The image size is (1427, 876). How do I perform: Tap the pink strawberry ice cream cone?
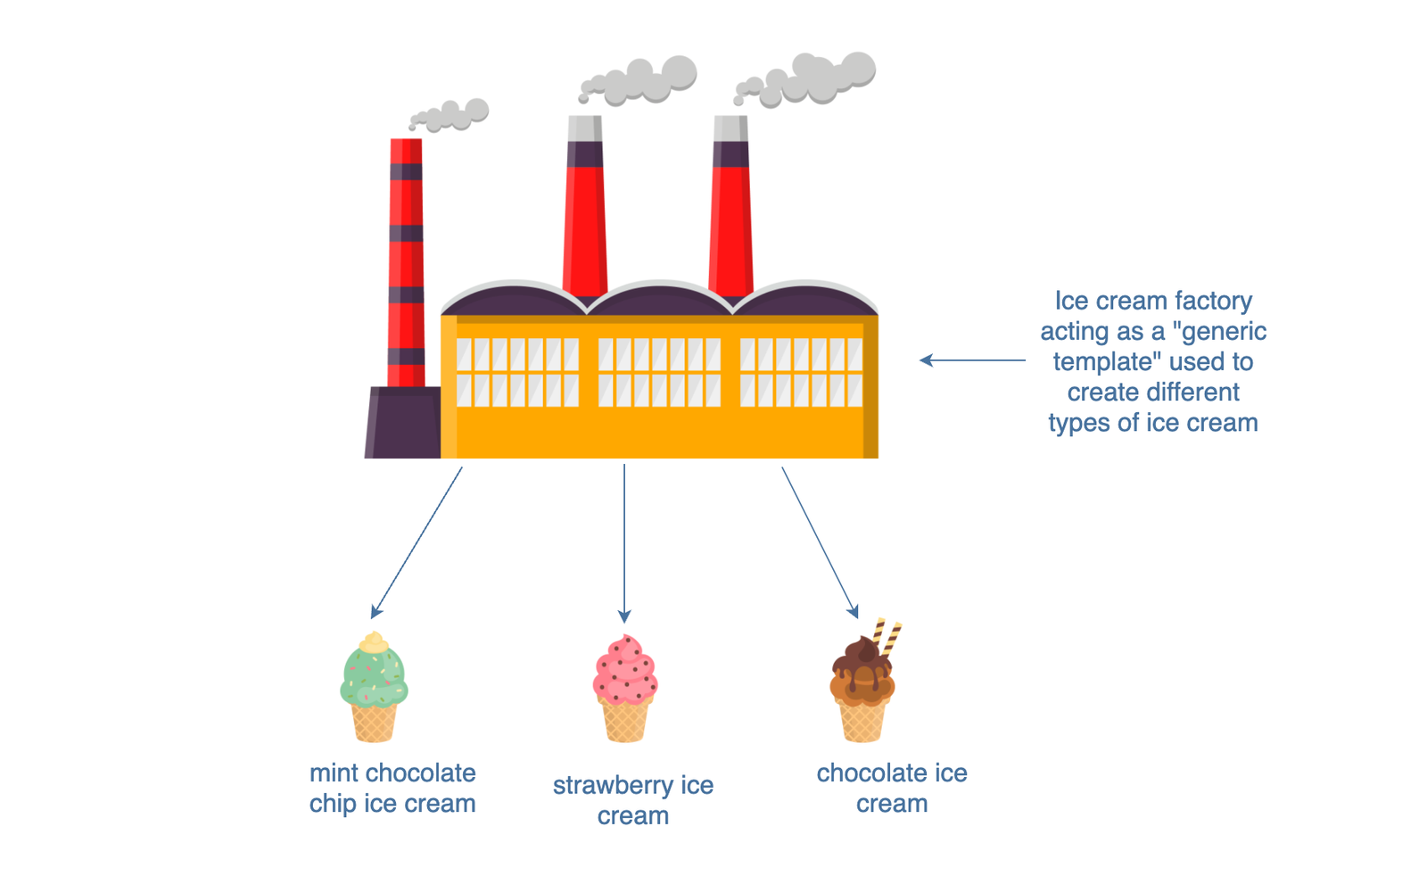point(624,689)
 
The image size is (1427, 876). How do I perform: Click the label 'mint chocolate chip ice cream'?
point(392,788)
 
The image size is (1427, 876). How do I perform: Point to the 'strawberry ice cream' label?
point(633,800)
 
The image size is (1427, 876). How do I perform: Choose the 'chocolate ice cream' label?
point(892,788)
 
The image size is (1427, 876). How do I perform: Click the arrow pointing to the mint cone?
point(417,542)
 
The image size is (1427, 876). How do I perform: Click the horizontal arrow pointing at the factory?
point(972,360)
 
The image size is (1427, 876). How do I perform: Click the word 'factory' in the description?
point(1213,301)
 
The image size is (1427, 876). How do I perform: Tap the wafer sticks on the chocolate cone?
point(887,635)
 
